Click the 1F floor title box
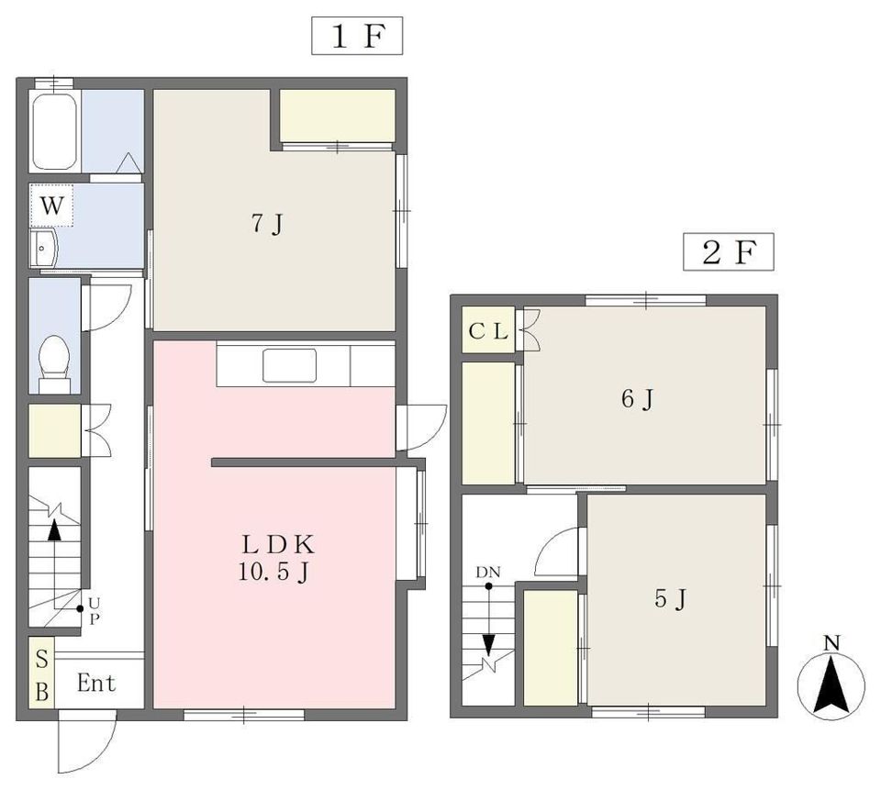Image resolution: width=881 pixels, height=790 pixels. (357, 36)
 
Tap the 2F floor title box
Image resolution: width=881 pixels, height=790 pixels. (728, 251)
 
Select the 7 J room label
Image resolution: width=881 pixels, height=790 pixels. (267, 224)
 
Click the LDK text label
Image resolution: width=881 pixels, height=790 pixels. (277, 544)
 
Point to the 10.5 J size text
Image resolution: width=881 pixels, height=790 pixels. (274, 572)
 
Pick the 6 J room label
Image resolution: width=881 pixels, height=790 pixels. (638, 399)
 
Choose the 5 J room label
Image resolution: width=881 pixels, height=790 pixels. (670, 599)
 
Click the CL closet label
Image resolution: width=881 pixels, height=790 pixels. (488, 331)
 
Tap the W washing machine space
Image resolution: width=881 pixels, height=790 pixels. (51, 206)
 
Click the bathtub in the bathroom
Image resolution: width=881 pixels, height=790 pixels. (54, 131)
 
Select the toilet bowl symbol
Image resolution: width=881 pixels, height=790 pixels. (54, 363)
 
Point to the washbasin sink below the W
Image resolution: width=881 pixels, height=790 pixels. (43, 248)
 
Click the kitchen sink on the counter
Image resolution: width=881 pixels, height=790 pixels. (289, 366)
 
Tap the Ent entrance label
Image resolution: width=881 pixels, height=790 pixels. (96, 684)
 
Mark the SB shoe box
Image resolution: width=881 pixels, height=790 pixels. (41, 672)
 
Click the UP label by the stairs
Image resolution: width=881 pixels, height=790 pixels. (94, 611)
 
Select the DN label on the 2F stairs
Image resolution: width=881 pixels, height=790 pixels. (487, 573)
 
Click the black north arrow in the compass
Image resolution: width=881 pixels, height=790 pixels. (831, 681)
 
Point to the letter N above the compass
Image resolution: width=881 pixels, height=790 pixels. (831, 643)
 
